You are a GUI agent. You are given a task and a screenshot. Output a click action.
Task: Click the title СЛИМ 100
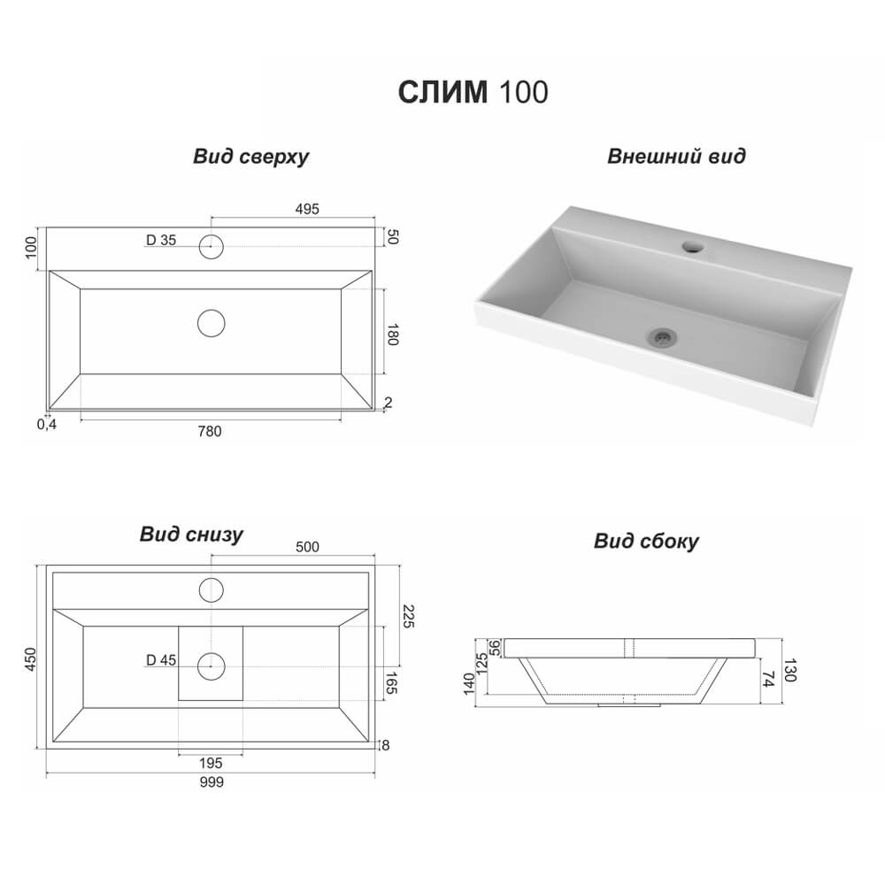click(x=473, y=92)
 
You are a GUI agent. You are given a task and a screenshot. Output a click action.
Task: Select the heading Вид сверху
click(x=251, y=157)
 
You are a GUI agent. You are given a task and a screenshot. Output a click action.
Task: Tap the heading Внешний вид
click(x=676, y=156)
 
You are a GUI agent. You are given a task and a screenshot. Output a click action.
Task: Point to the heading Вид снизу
click(x=191, y=534)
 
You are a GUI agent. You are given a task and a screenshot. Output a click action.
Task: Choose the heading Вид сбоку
click(x=646, y=541)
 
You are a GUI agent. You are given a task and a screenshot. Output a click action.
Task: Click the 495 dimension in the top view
click(x=307, y=209)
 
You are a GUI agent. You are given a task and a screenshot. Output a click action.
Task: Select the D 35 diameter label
click(x=161, y=240)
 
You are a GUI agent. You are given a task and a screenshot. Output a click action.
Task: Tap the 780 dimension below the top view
click(x=210, y=431)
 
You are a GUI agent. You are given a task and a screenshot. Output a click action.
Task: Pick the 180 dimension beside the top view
click(x=392, y=335)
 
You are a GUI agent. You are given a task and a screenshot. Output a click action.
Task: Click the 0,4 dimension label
click(x=47, y=424)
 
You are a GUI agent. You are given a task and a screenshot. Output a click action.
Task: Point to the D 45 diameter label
click(x=161, y=660)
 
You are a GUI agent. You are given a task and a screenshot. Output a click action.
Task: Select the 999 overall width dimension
click(x=212, y=781)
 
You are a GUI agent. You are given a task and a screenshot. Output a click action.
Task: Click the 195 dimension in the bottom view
click(x=211, y=763)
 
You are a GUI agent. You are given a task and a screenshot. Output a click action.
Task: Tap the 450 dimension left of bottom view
click(x=30, y=658)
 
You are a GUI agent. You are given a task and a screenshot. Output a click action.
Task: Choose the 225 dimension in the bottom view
click(x=408, y=616)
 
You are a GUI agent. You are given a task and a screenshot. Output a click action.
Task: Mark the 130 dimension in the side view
click(x=789, y=670)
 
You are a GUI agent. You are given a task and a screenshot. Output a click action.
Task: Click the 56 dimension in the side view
click(x=495, y=648)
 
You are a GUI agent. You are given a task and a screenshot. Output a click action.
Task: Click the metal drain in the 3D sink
click(x=662, y=337)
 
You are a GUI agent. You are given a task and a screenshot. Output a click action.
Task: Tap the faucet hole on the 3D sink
click(x=693, y=246)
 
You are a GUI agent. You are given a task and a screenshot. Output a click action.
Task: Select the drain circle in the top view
click(x=212, y=323)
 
